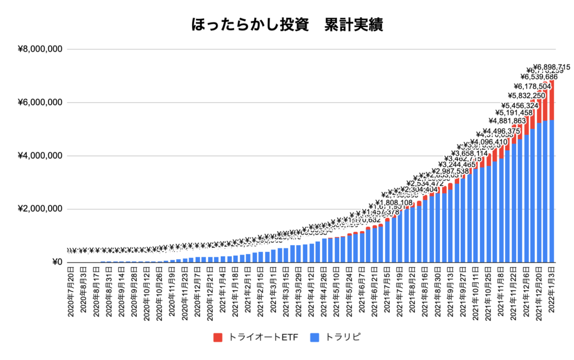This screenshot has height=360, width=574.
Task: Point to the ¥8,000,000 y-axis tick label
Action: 40,49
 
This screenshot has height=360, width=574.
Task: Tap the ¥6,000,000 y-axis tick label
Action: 40,103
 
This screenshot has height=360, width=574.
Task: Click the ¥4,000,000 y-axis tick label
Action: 40,156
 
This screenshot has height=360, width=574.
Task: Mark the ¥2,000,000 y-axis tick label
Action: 40,209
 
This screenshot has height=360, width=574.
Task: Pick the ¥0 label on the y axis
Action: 56,262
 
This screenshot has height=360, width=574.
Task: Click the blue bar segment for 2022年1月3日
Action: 552,191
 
